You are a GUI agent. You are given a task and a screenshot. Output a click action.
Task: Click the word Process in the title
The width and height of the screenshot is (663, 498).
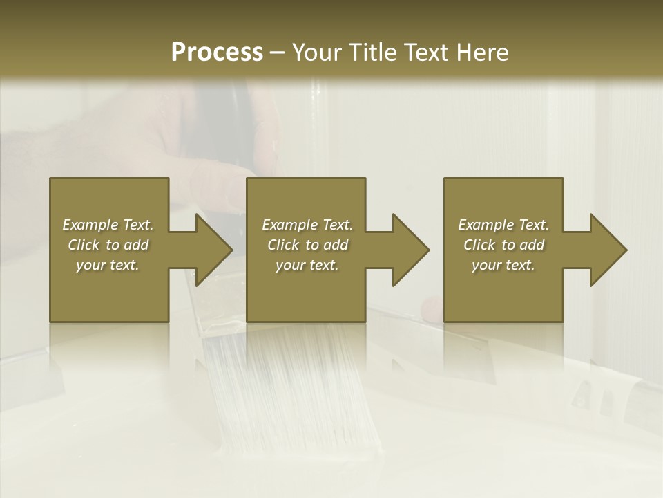[x=217, y=53]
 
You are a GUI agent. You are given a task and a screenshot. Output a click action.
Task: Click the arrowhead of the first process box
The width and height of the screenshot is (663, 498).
[x=213, y=250]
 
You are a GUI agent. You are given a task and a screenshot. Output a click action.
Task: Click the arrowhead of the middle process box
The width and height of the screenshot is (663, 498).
[x=410, y=250]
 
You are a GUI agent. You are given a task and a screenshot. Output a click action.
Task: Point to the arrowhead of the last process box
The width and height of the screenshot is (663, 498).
[x=608, y=250]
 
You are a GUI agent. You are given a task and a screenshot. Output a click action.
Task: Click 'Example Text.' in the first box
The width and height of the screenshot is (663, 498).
[x=108, y=225]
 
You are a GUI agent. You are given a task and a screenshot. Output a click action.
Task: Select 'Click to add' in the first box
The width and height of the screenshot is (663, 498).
[x=108, y=245]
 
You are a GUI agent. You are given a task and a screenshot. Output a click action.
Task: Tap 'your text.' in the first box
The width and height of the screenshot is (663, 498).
[x=108, y=265]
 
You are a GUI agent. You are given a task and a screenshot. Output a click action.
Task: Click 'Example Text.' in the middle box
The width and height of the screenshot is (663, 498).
[x=307, y=225]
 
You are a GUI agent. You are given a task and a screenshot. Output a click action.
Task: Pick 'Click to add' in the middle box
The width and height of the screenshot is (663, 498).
[x=307, y=245]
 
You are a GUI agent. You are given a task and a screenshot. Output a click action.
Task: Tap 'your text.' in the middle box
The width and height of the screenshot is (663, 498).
[x=307, y=265]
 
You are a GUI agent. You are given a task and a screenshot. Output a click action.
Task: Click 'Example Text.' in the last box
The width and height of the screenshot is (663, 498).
[x=503, y=225]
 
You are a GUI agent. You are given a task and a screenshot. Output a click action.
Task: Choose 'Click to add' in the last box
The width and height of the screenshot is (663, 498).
[x=503, y=245]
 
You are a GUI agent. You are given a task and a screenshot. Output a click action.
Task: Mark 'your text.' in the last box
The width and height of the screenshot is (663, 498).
[x=503, y=265]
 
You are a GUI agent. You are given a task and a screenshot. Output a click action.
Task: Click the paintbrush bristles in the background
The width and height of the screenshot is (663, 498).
[x=297, y=387]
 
